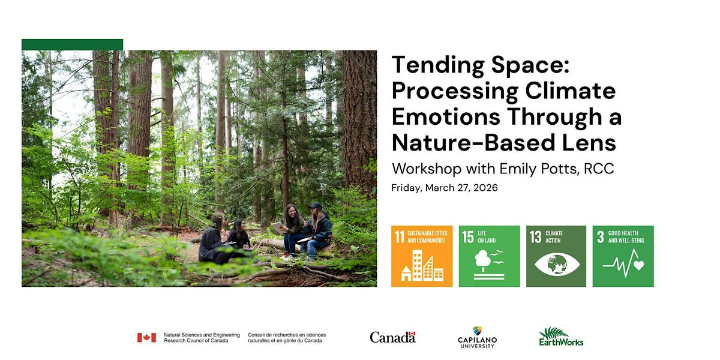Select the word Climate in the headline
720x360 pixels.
pyautogui.click(x=570, y=91)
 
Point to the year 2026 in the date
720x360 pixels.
pyautogui.click(x=485, y=188)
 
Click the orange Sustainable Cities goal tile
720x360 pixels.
pyautogui.click(x=422, y=256)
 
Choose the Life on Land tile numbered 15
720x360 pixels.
pyautogui.click(x=489, y=256)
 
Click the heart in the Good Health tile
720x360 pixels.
pyautogui.click(x=638, y=265)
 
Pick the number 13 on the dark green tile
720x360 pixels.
pyautogui.click(x=535, y=237)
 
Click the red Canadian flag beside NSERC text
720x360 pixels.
pyautogui.click(x=146, y=337)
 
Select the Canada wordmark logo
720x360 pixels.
pyautogui.click(x=392, y=337)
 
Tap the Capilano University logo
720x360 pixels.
pyautogui.click(x=478, y=337)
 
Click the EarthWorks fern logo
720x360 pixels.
pyautogui.click(x=561, y=337)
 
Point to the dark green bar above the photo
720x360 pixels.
pyautogui.click(x=73, y=44)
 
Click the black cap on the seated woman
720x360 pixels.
pyautogui.click(x=315, y=205)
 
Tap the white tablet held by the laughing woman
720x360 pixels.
pyautogui.click(x=278, y=227)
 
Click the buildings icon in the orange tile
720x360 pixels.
pyautogui.click(x=422, y=265)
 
